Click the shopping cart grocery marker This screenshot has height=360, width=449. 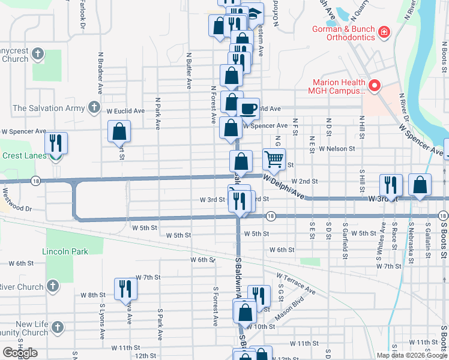coord(274,159)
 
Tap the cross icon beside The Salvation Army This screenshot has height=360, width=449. coord(94,108)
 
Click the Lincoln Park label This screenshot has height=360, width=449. coord(65,251)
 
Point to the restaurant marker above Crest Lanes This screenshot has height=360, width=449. coord(56,143)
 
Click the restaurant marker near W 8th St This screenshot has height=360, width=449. coord(126,289)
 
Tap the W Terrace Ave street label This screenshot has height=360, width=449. coord(296,283)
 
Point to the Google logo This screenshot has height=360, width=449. coord(20,353)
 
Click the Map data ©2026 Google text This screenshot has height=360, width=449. coord(411,355)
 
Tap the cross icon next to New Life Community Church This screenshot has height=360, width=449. coord(58,328)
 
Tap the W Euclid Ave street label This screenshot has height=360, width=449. coord(125,111)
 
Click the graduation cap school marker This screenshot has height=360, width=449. coord(256,13)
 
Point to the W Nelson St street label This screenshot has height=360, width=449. coord(337,148)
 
